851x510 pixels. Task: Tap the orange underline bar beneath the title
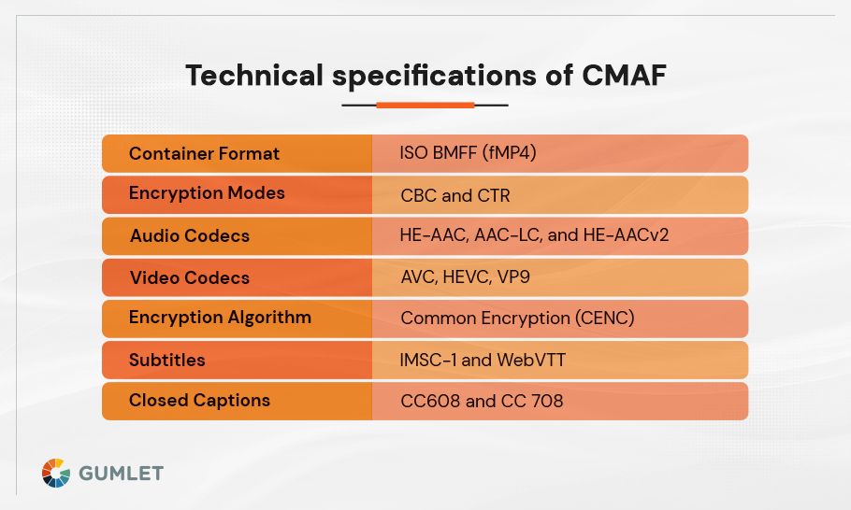tap(425, 106)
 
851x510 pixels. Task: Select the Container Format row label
tap(204, 153)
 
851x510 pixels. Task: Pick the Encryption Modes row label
tap(207, 193)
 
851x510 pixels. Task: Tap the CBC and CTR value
tap(454, 195)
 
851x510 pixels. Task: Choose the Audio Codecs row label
tap(190, 235)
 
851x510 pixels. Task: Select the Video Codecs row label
tap(190, 277)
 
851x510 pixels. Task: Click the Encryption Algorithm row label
tap(220, 318)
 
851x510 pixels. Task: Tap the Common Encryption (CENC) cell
tap(517, 319)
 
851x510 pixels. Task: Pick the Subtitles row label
tap(166, 360)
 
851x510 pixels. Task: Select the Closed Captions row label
tap(199, 401)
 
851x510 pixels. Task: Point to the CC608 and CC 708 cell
tap(481, 402)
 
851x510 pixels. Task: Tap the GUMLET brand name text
tap(121, 474)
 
